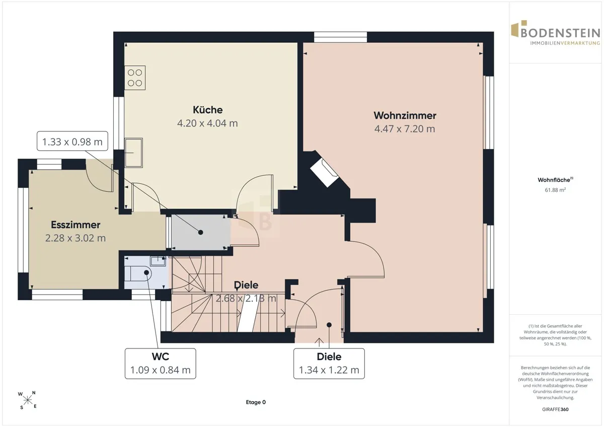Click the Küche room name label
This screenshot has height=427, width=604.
pos(207,110)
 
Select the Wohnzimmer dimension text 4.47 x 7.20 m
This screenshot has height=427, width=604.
pos(405,129)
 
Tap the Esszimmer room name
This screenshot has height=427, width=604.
pos(75,225)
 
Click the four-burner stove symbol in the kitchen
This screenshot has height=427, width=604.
pos(135,78)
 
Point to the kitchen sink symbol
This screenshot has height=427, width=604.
pos(133,153)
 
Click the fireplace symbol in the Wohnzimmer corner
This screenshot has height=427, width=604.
pos(324,173)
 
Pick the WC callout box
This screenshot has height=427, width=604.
pos(161,364)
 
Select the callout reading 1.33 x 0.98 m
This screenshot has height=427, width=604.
pos(72,141)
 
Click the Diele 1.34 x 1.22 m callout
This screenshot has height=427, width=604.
pos(329,364)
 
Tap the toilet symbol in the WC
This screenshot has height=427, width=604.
pos(138,273)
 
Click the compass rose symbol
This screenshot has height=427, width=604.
pos(27,400)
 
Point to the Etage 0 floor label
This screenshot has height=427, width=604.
pos(256,402)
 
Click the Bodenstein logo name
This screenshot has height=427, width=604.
pos(560,33)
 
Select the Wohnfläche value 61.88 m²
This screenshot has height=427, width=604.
pos(555,190)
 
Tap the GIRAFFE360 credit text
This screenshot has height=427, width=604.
pos(555,409)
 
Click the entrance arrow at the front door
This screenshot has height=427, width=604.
pos(319,342)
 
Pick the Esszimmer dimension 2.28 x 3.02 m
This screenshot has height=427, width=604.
pos(75,238)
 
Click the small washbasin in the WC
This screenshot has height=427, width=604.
pos(158,261)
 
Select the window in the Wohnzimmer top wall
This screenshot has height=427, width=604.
pos(341,37)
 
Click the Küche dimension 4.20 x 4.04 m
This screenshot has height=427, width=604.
pos(207,123)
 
